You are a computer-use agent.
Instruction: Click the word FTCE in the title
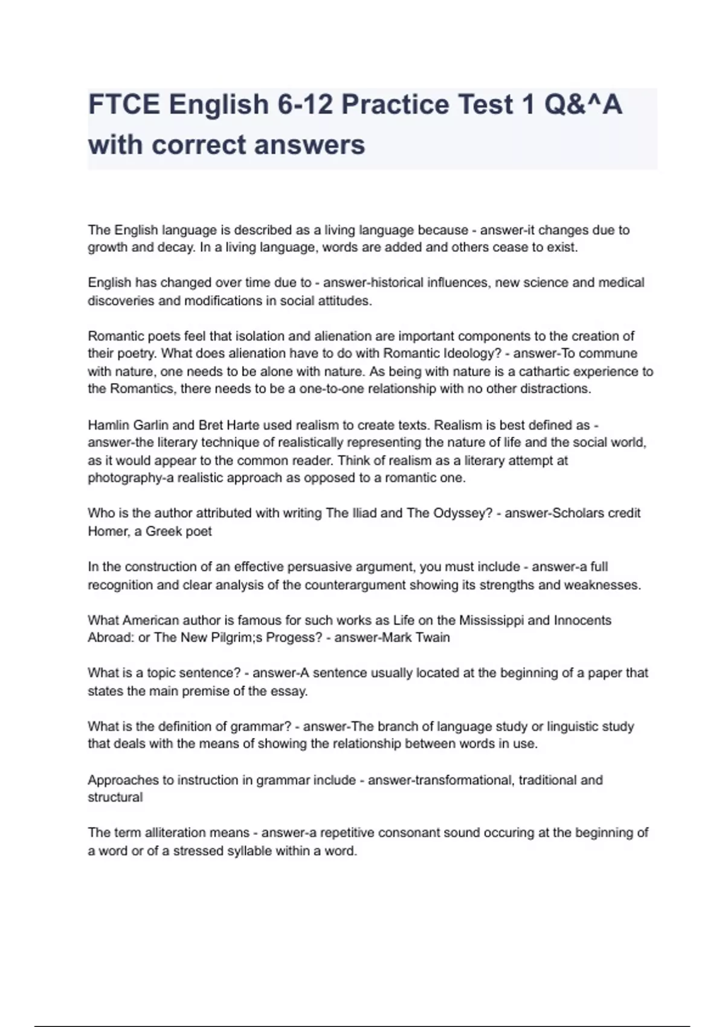pos(124,105)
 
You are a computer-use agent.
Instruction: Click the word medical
pos(620,283)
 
